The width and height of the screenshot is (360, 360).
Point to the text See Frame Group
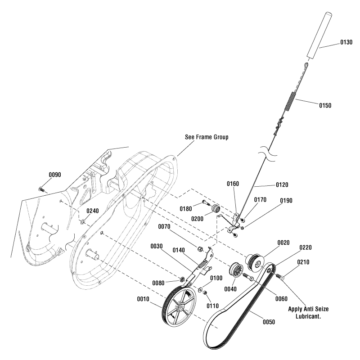click(207, 137)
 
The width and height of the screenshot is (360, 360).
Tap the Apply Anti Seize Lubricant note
click(307, 313)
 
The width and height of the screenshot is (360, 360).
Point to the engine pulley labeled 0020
click(256, 261)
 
